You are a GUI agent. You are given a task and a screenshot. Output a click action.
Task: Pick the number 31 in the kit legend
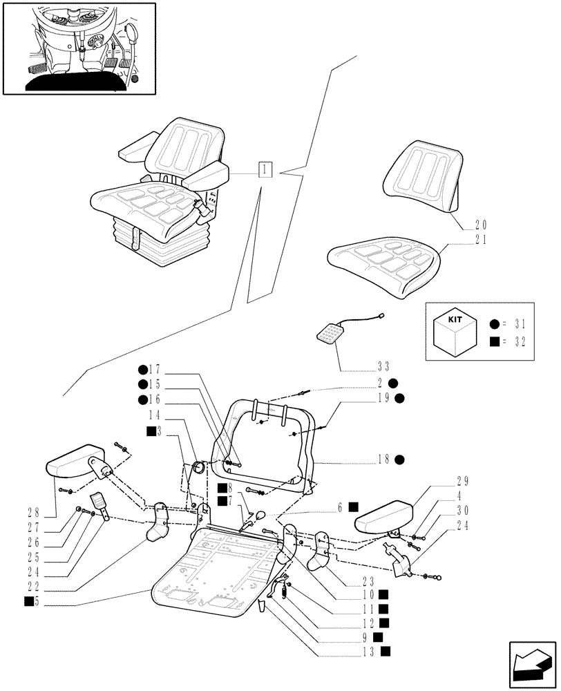coord(516,324)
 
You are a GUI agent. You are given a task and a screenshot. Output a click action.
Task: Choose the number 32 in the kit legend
coord(516,340)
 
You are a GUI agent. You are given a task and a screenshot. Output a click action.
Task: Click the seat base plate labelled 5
coord(207,574)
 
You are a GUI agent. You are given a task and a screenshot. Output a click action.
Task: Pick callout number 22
coord(33,587)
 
